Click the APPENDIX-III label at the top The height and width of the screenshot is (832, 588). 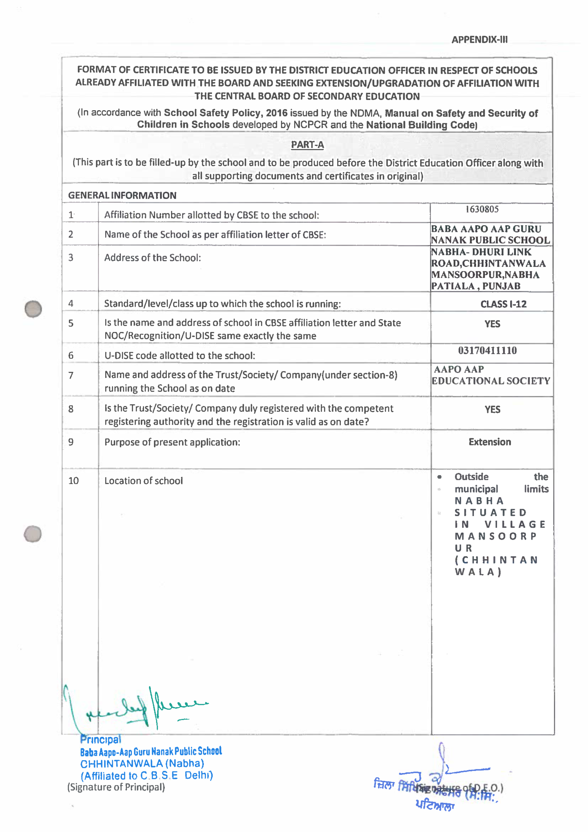click(x=479, y=39)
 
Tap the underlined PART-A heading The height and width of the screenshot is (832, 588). click(x=307, y=145)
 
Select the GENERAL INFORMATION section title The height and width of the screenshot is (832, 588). click(x=122, y=195)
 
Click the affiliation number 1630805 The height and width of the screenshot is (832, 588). click(x=482, y=209)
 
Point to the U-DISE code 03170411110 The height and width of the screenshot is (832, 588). click(x=487, y=350)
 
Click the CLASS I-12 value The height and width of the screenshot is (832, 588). click(x=503, y=304)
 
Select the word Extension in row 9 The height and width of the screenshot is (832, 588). click(x=489, y=442)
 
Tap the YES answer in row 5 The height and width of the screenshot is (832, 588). click(x=492, y=324)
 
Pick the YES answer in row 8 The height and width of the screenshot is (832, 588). click(x=492, y=409)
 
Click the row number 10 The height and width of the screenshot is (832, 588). click(x=73, y=480)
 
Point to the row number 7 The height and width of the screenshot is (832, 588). click(x=71, y=375)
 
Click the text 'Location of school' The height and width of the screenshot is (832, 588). click(x=144, y=480)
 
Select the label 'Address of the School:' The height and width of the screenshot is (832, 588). click(x=152, y=258)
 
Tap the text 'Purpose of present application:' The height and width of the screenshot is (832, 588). click(x=172, y=442)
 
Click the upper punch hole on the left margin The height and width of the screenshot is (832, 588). click(x=33, y=309)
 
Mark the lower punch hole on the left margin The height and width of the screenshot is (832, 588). click(x=33, y=534)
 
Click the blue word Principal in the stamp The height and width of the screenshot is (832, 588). click(x=100, y=739)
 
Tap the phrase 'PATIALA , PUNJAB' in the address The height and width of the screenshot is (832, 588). click(x=475, y=286)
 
